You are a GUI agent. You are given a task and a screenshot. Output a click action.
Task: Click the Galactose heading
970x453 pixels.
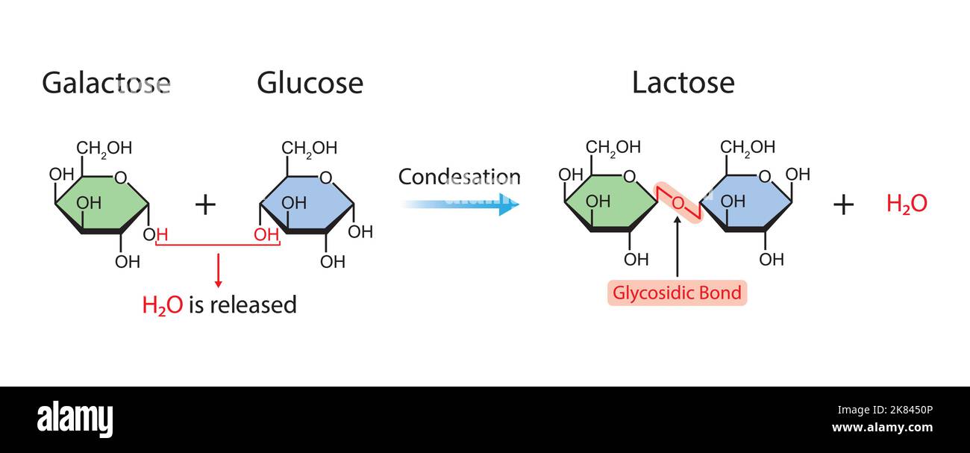[106, 83]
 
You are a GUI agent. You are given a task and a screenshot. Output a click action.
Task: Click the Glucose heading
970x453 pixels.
[310, 83]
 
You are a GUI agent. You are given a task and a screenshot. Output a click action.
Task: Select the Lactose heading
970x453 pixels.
[683, 83]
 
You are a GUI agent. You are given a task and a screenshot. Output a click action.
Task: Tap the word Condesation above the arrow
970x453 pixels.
[459, 178]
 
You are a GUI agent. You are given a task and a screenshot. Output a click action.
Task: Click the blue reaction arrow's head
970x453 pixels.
[509, 203]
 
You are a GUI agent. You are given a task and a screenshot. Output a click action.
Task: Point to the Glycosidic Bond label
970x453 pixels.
[677, 293]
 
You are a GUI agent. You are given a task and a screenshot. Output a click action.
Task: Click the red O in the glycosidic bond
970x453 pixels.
[678, 203]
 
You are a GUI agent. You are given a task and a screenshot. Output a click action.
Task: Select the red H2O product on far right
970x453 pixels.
[907, 204]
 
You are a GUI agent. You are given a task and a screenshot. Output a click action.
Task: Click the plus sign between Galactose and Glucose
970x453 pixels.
[205, 204]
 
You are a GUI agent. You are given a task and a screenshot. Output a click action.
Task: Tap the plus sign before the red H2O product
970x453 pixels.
[843, 204]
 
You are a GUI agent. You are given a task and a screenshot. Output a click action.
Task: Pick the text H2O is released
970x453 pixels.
[219, 304]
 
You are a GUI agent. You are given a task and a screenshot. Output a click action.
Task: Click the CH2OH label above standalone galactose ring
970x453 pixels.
[104, 148]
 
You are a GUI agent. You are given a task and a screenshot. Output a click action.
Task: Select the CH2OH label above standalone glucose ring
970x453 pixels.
[309, 148]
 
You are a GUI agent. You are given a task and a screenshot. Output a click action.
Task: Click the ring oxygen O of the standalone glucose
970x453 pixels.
[325, 178]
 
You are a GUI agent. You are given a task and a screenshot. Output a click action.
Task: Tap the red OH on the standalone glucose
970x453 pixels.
[266, 235]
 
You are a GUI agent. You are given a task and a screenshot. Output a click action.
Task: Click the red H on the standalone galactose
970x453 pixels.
[161, 235]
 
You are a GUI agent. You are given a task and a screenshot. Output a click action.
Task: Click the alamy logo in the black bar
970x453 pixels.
[75, 419]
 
